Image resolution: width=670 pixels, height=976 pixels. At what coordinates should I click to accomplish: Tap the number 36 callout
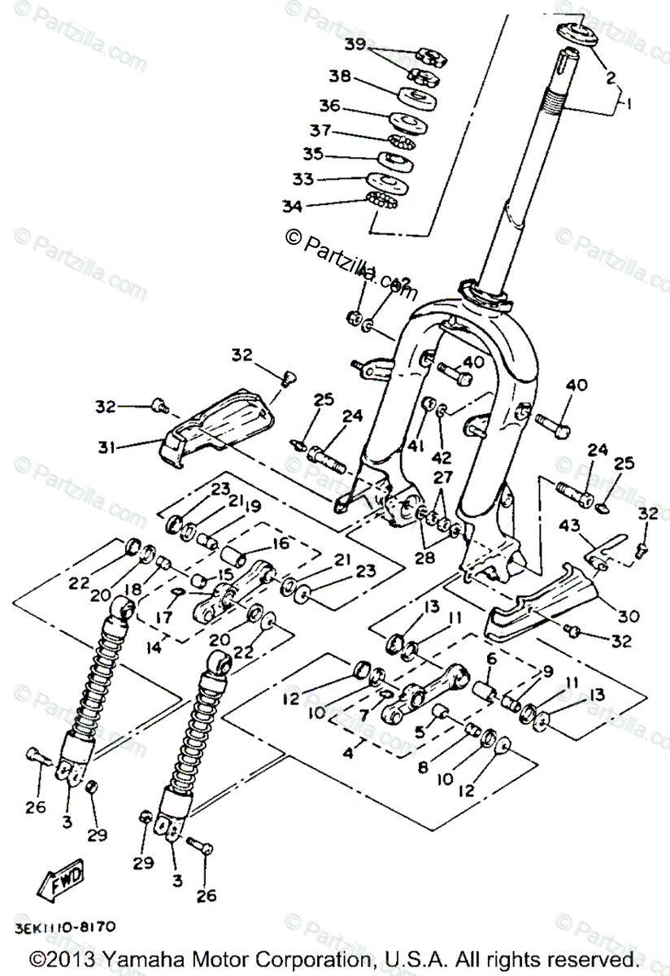[329, 107]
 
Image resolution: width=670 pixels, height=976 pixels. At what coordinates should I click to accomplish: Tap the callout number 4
[348, 753]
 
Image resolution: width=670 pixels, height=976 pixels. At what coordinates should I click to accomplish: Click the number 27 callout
[442, 478]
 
